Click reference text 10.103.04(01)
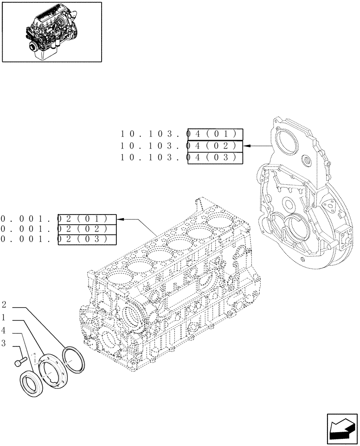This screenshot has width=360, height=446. click(181, 134)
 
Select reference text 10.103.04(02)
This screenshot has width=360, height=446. click(181, 146)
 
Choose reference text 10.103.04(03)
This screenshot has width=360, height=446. click(181, 158)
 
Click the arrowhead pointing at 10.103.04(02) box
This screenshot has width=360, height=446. click(246, 146)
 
